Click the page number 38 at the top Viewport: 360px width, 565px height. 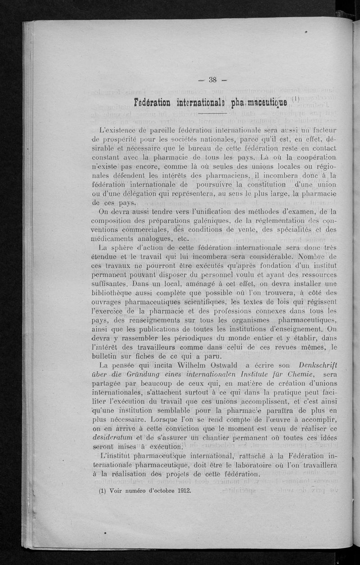(x=213, y=80)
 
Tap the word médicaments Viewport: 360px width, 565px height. (x=114, y=239)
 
